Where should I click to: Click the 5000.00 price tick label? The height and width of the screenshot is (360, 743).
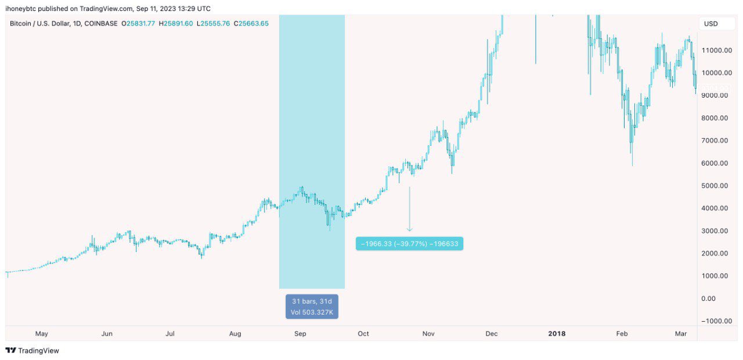pos(714,186)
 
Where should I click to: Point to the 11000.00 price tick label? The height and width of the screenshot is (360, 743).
pos(715,51)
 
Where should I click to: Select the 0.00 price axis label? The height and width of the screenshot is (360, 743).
pos(708,298)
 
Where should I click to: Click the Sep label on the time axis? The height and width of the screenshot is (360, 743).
pos(300,334)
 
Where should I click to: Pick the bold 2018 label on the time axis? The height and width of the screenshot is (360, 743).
pos(557,334)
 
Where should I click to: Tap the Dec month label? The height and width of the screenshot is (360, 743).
pos(492,334)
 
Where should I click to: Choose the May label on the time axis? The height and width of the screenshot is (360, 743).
pos(41,334)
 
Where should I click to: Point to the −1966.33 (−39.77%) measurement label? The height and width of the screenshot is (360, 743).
pos(409,244)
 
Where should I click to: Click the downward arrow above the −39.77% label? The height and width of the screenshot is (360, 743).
pos(409,209)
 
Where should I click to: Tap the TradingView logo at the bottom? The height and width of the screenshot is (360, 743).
pos(33,351)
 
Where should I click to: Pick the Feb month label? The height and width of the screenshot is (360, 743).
pos(622,334)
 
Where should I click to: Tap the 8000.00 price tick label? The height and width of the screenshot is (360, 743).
pos(714,118)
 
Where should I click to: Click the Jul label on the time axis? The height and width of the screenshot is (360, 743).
pos(170,334)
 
